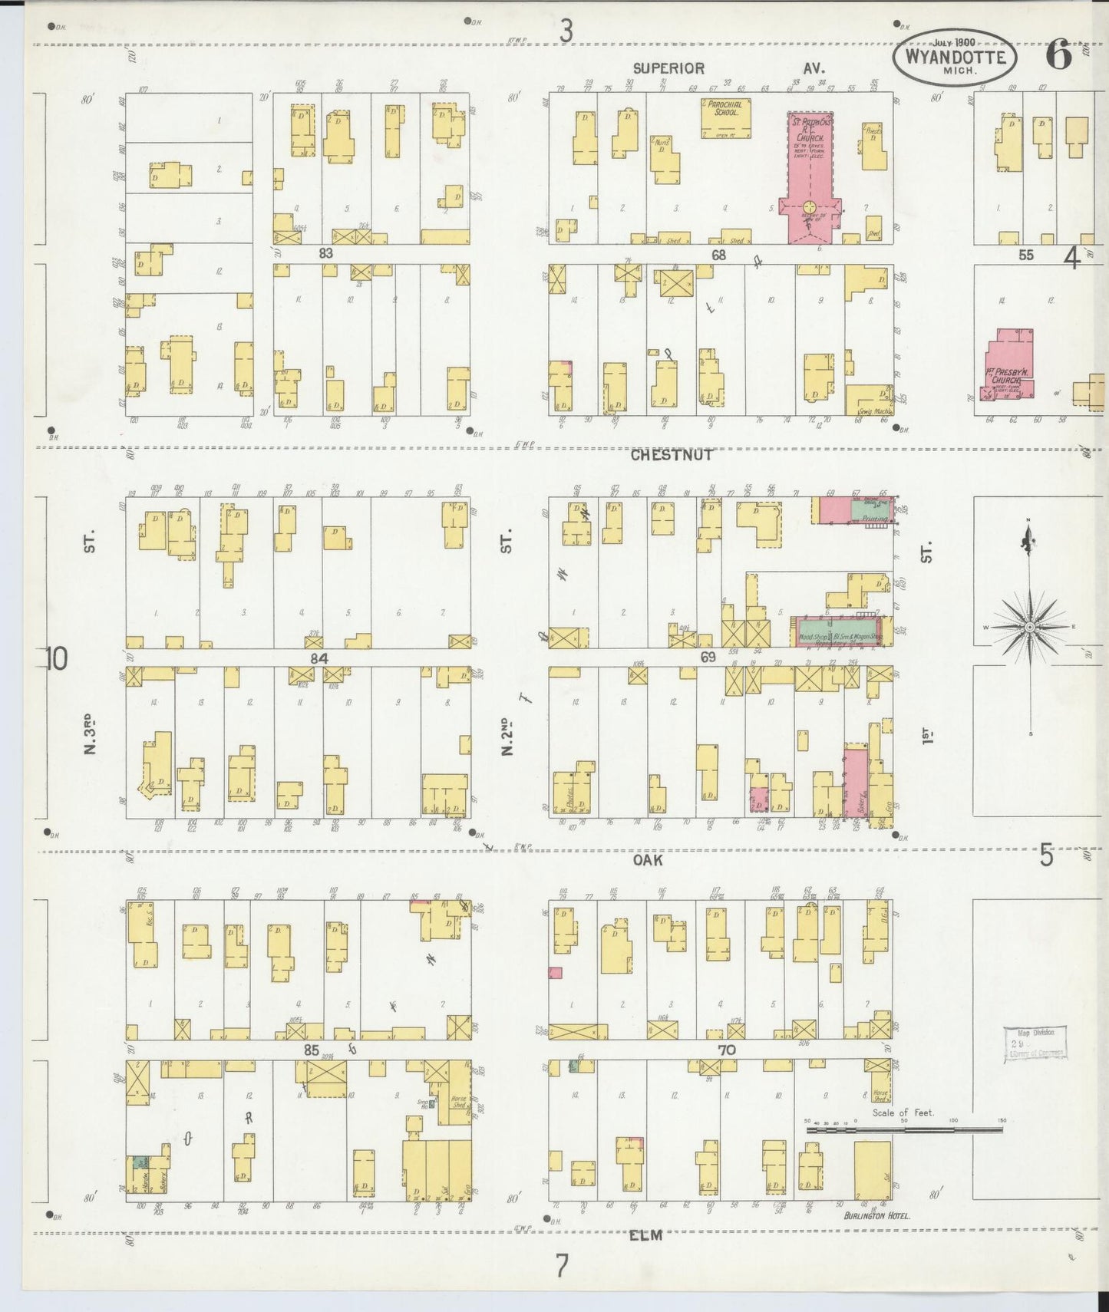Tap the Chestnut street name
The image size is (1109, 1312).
point(672,455)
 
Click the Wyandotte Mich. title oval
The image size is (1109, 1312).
point(955,56)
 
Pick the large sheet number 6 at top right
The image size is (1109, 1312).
point(1059,54)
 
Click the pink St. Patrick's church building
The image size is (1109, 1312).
point(810,180)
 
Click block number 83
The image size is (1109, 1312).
point(326,252)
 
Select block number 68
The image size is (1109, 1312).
point(718,255)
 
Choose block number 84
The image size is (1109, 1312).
point(319,658)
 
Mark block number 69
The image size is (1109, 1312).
point(707,657)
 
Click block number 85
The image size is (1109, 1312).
point(311,1050)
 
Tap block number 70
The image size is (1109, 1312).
point(726,1050)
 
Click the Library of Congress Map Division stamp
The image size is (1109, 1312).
point(1035,1043)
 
